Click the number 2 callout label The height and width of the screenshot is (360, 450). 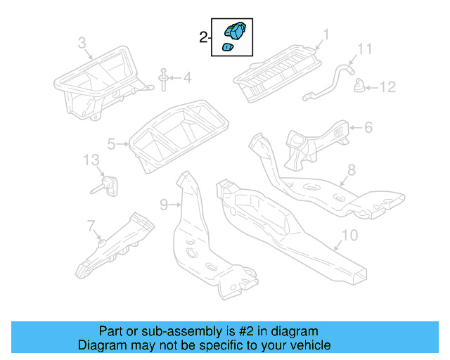[202, 37]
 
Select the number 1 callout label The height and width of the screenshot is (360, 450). [326, 34]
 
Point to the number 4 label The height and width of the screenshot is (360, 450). [186, 77]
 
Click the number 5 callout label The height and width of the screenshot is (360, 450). [112, 144]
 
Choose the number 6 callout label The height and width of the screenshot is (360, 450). [368, 127]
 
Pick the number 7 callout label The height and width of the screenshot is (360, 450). [91, 226]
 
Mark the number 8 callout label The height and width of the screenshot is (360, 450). [352, 170]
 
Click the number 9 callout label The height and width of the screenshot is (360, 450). [163, 205]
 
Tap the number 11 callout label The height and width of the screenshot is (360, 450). [364, 49]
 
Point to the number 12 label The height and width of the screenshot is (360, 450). [388, 87]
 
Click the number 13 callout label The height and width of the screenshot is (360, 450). [92, 160]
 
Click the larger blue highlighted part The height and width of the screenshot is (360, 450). [234, 31]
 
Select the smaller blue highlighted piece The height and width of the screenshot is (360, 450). [228, 48]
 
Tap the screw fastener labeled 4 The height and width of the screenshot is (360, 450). [164, 79]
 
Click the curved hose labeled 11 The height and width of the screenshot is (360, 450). [329, 81]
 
